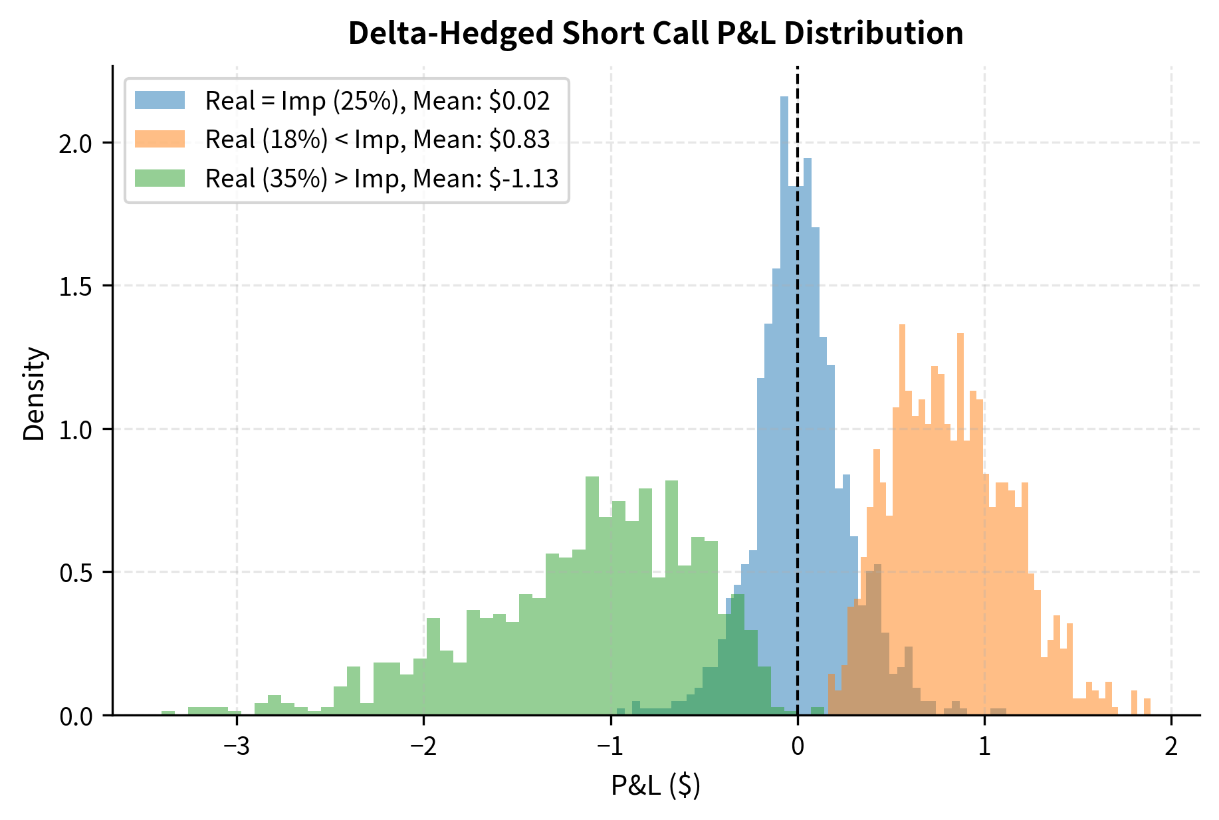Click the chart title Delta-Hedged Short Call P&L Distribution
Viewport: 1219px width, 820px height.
(x=655, y=33)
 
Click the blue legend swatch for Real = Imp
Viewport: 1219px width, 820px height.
(x=160, y=100)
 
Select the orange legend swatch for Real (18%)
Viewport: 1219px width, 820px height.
(x=160, y=140)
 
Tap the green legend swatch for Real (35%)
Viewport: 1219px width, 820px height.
(x=160, y=178)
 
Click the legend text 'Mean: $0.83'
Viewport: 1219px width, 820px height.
(x=481, y=140)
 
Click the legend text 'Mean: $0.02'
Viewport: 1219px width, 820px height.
(x=481, y=100)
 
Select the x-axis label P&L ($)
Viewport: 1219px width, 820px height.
(x=655, y=785)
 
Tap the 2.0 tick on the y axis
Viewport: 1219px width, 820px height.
(x=74, y=143)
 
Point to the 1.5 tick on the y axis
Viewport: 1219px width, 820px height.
(x=74, y=286)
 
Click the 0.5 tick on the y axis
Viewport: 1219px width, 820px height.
(x=74, y=572)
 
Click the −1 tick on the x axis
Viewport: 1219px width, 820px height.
(x=610, y=746)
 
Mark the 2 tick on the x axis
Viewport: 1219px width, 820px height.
(x=1171, y=746)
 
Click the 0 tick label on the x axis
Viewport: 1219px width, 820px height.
(x=797, y=746)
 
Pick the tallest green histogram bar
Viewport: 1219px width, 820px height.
(x=592, y=598)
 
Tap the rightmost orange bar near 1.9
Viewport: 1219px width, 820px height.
(x=1147, y=707)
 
